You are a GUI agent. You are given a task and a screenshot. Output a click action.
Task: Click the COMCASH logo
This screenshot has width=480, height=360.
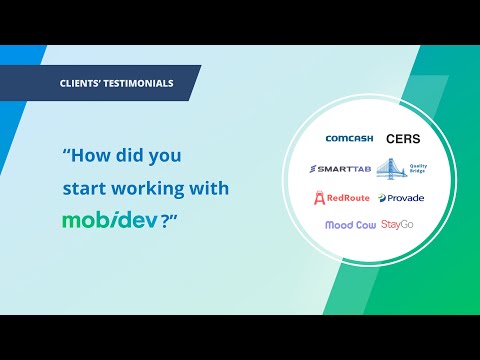click(x=347, y=138)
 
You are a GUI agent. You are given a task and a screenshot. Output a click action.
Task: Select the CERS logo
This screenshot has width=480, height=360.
click(x=403, y=138)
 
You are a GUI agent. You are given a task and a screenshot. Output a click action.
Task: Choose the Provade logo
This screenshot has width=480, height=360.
click(x=402, y=197)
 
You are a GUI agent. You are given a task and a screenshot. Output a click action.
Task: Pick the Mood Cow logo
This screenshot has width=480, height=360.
click(x=349, y=225)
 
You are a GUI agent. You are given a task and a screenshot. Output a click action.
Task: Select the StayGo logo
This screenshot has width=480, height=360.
click(x=397, y=225)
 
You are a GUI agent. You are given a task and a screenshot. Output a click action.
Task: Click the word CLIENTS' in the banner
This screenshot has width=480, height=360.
click(x=84, y=83)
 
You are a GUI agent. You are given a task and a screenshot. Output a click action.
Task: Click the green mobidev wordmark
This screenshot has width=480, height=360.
click(x=109, y=220)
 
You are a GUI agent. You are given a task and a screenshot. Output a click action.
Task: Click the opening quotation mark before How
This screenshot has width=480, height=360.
click(x=66, y=154)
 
